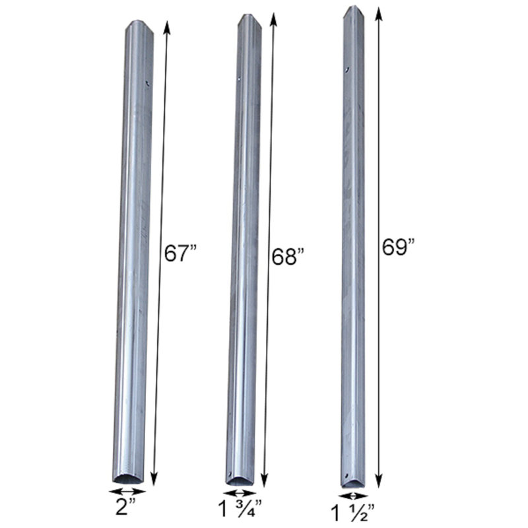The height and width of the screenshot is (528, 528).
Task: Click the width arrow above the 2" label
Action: (x=127, y=492)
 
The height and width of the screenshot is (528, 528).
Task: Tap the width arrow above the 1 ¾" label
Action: (x=240, y=492)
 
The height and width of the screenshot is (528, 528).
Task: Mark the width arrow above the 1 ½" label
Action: (x=354, y=495)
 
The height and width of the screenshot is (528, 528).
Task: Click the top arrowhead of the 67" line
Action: (x=166, y=25)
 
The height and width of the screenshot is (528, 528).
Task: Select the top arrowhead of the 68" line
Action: (x=273, y=17)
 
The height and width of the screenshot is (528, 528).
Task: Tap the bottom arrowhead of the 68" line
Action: (x=265, y=482)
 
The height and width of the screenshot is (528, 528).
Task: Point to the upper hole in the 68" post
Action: (x=239, y=79)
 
